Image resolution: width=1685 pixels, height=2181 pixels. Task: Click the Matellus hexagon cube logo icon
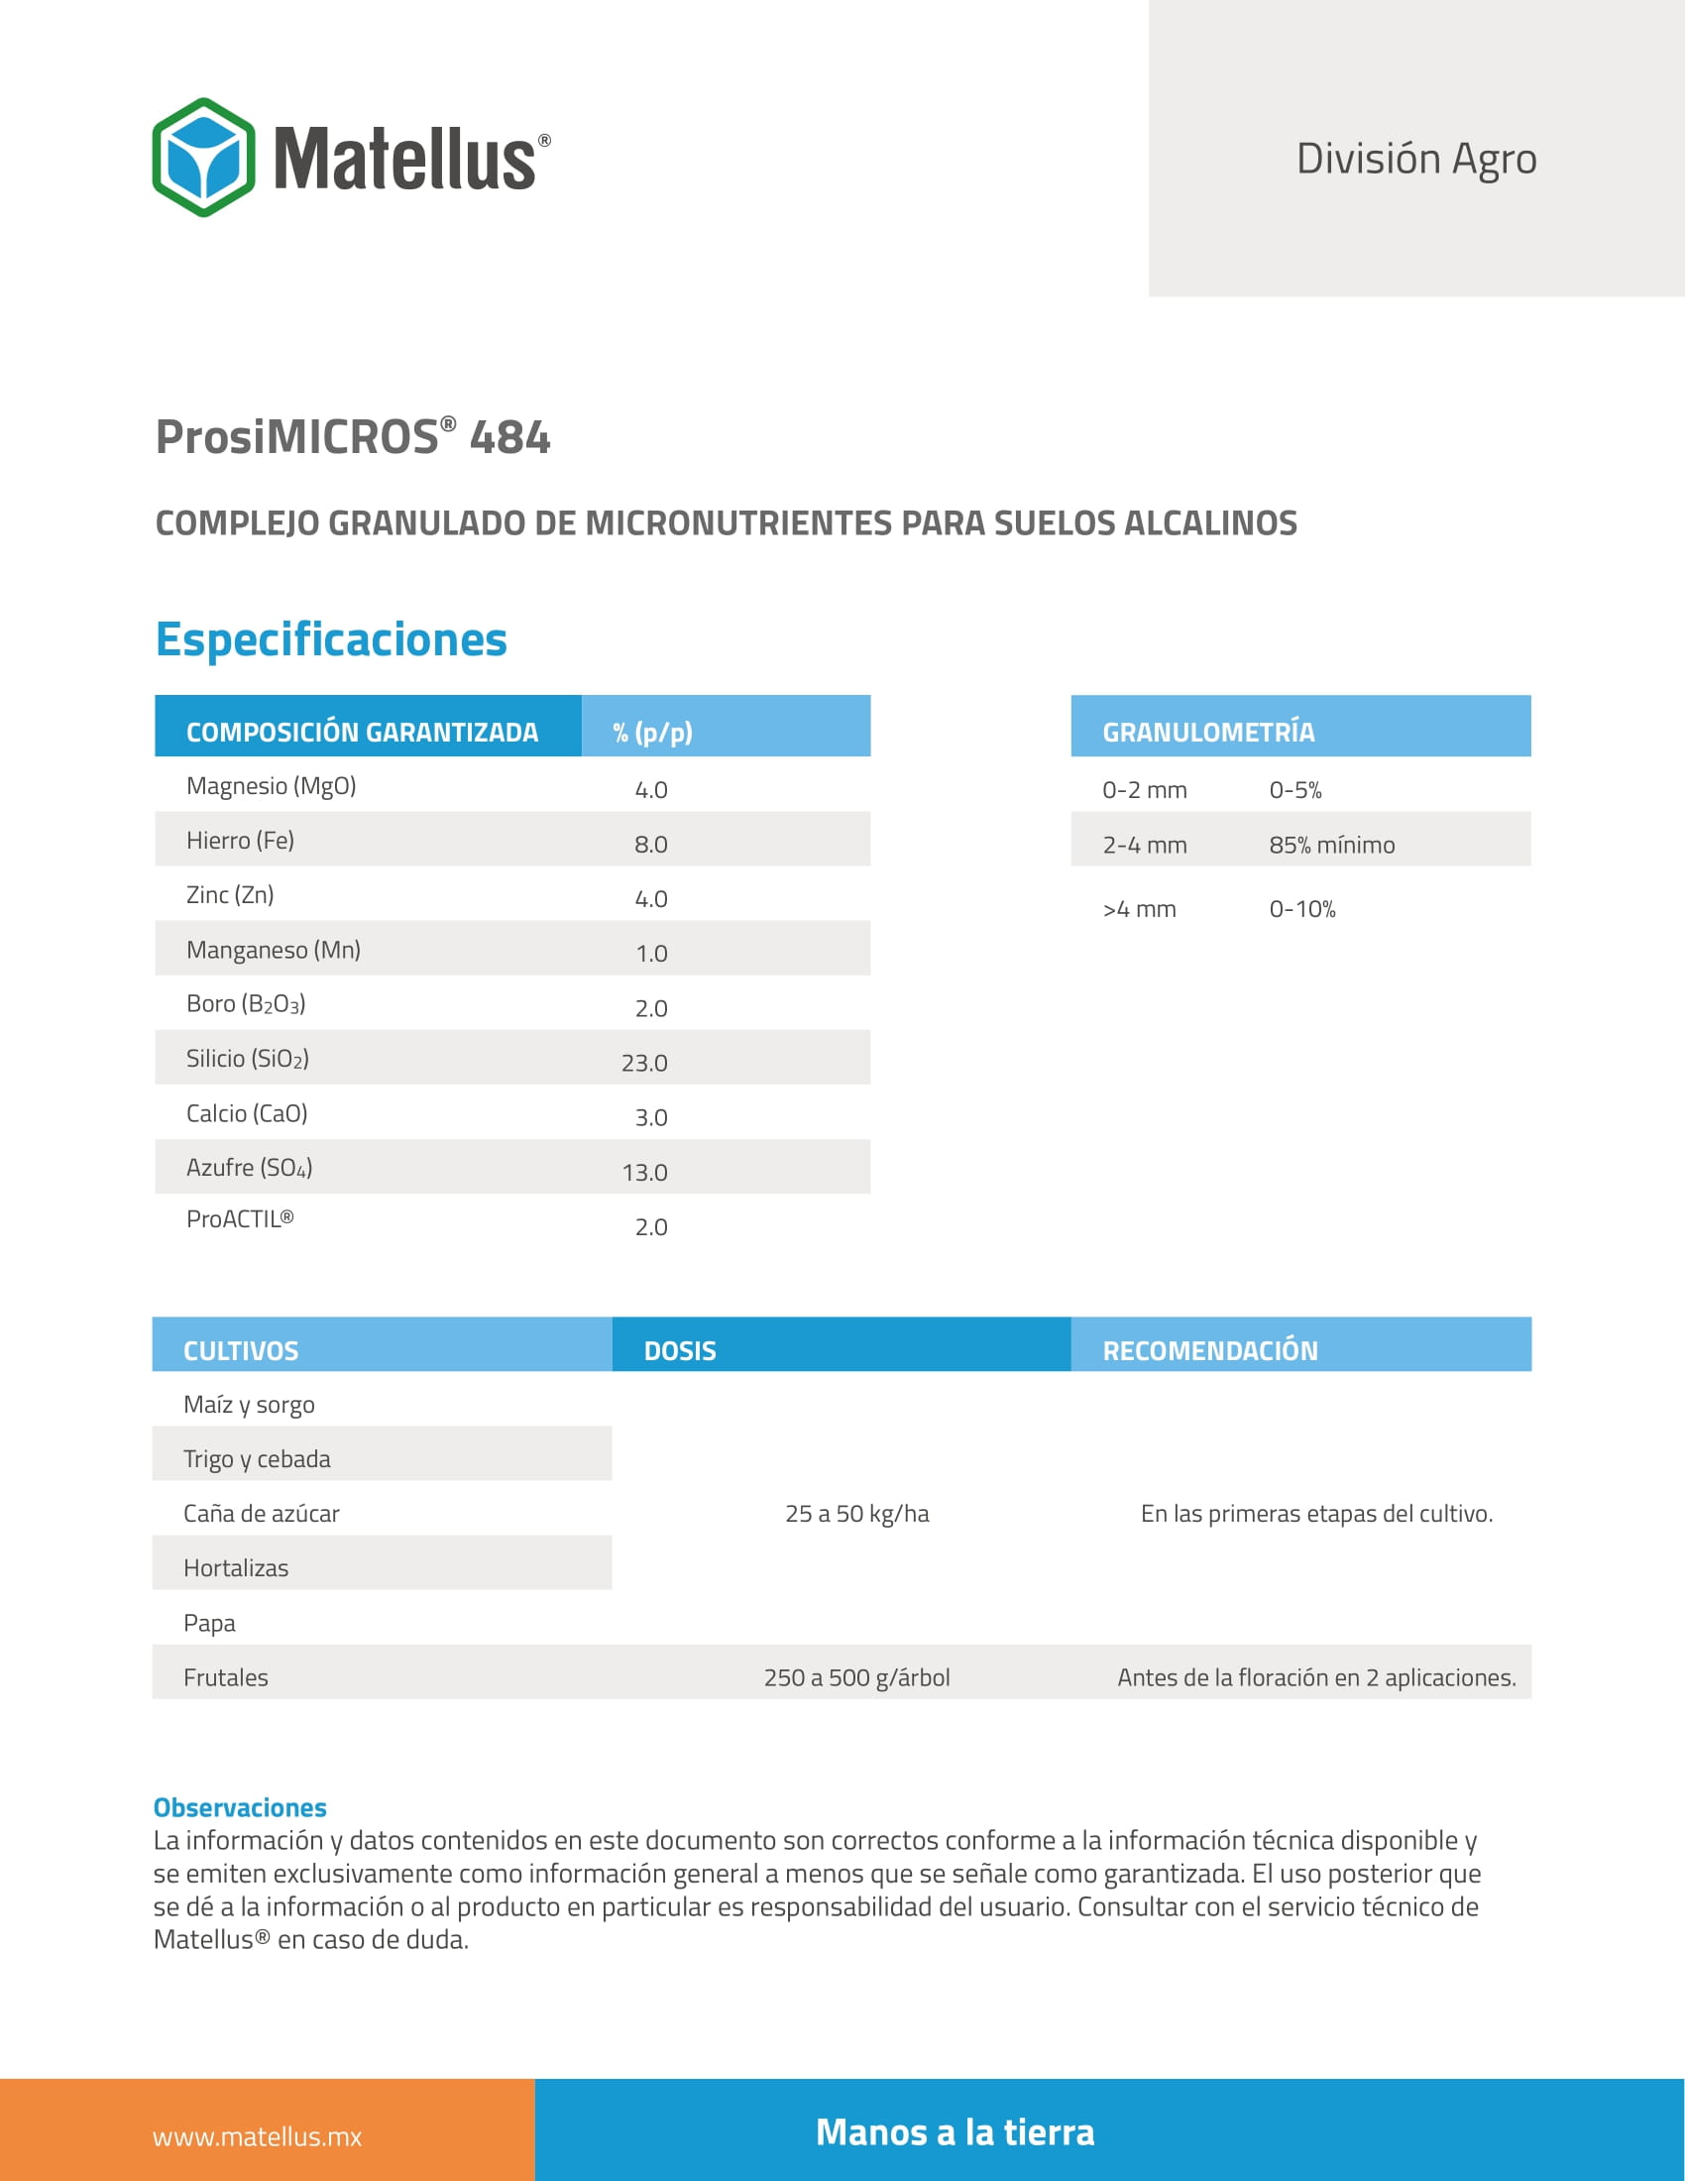click(203, 158)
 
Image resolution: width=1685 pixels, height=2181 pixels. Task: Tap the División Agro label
click(1415, 159)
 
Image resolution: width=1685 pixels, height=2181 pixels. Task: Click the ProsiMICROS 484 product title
click(353, 437)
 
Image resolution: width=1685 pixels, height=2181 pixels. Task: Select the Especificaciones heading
click(330, 639)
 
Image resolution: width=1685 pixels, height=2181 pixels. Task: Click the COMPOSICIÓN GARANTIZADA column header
click(362, 732)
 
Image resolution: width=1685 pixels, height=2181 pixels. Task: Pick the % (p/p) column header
click(652, 732)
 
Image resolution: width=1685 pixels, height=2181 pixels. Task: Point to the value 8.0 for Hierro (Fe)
click(651, 845)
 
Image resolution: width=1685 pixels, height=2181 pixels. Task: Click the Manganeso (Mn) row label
click(274, 950)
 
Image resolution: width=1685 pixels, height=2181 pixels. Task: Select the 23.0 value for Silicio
click(644, 1064)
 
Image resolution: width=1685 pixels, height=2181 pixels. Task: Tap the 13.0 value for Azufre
click(644, 1173)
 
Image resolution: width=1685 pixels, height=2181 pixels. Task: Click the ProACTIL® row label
click(240, 1219)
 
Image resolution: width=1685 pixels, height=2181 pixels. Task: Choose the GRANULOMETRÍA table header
click(1208, 732)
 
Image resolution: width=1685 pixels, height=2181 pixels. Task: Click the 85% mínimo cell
click(1331, 845)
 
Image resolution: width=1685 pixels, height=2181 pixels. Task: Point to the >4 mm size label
click(1139, 910)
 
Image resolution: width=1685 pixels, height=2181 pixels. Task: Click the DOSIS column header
click(680, 1351)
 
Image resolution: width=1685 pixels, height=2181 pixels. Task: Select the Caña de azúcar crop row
click(262, 1514)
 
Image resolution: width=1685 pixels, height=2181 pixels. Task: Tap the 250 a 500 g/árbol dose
click(856, 1677)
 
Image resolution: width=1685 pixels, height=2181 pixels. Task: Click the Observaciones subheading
click(240, 1807)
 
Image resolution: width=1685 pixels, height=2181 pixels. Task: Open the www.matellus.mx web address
click(257, 2137)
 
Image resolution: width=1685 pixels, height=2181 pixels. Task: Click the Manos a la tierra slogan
click(955, 2132)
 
